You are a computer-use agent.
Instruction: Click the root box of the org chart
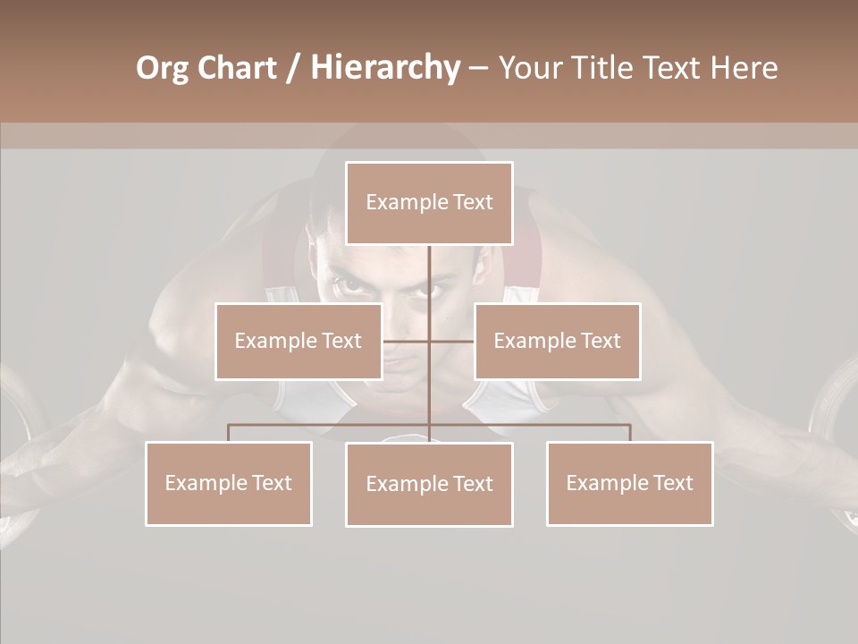(429, 203)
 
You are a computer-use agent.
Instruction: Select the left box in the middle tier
(299, 341)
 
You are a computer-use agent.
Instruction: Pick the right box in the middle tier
(557, 341)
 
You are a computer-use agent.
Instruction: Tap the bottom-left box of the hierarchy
(229, 483)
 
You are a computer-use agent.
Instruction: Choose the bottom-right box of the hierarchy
(629, 483)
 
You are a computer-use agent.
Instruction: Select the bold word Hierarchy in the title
(384, 68)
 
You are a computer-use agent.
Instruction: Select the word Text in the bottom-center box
(471, 484)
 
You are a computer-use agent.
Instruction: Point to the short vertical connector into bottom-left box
(229, 433)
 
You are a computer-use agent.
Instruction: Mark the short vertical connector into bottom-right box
(630, 433)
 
